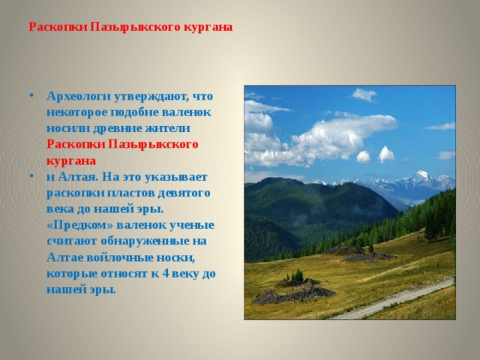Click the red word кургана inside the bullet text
click(70, 160)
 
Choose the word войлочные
click(117, 257)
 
